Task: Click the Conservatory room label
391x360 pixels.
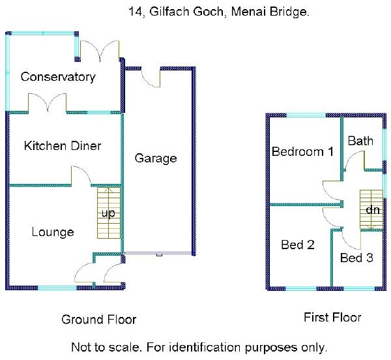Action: (x=58, y=77)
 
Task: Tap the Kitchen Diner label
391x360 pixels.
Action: (x=63, y=145)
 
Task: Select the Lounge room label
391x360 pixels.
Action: (x=53, y=232)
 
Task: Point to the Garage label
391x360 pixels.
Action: (x=156, y=158)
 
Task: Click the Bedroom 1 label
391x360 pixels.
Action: (x=302, y=152)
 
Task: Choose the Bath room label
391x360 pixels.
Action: (x=360, y=141)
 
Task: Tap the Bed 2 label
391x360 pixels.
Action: (x=298, y=245)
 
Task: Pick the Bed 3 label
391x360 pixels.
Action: (x=356, y=258)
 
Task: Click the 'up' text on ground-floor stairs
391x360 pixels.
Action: (x=108, y=213)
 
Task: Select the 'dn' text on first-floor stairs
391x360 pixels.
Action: (x=372, y=210)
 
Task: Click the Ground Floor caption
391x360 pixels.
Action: (x=99, y=319)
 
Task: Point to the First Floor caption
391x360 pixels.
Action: (x=332, y=318)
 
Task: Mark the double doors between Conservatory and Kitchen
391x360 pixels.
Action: (x=47, y=103)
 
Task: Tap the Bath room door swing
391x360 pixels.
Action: (x=354, y=161)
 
